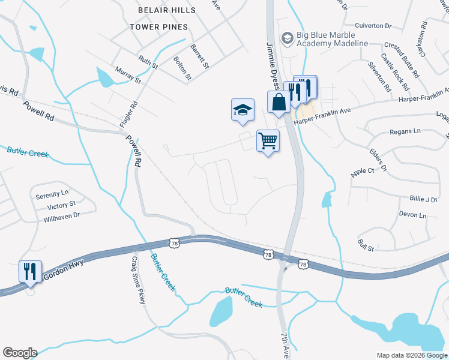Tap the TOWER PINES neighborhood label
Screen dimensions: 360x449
point(158,27)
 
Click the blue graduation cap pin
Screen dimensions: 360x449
point(243,110)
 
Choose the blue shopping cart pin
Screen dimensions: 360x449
point(268,142)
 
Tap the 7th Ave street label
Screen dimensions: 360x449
point(285,343)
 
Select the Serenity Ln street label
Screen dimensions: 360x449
point(52,194)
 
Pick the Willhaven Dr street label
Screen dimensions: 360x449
point(61,217)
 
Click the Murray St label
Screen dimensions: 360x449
point(128,76)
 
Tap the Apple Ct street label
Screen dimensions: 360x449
point(362,171)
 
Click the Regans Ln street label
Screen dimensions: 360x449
point(405,131)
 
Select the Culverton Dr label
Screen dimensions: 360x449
point(373,26)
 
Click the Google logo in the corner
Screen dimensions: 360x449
point(20,353)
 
